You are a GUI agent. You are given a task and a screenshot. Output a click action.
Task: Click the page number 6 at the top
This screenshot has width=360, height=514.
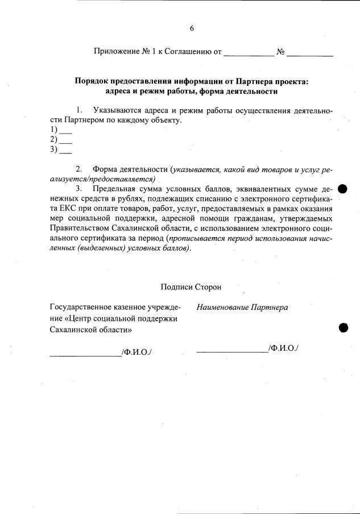pyautogui.click(x=192, y=28)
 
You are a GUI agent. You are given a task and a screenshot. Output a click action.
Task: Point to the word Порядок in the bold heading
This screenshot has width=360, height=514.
pyautogui.click(x=92, y=81)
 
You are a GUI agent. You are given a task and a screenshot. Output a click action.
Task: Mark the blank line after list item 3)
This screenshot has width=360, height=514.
pyautogui.click(x=65, y=152)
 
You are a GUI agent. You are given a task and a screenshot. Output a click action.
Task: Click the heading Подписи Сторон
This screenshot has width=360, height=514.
pyautogui.click(x=191, y=287)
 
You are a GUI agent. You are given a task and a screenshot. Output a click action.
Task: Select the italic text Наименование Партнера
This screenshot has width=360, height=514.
pyautogui.click(x=242, y=308)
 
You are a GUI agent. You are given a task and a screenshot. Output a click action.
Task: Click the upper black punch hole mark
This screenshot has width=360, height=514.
pyautogui.click(x=343, y=189)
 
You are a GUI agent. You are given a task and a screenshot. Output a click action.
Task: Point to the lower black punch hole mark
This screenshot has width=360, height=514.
pyautogui.click(x=344, y=327)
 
